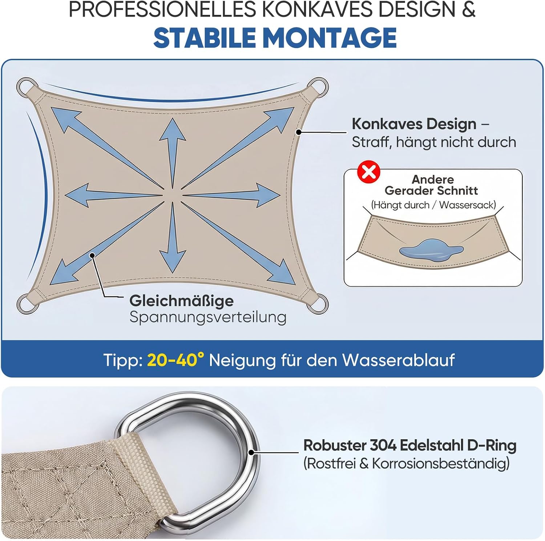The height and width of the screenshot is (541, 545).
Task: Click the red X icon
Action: click(369, 172)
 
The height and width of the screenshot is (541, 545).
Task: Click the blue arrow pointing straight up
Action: click(173, 153)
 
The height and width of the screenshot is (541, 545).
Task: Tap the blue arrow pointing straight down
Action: click(173, 238)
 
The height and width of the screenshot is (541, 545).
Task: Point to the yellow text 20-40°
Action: click(175, 360)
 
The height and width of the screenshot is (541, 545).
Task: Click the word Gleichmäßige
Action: click(182, 301)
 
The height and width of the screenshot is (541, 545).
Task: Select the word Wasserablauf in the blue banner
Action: click(399, 360)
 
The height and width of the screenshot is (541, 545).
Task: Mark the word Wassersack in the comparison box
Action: click(467, 205)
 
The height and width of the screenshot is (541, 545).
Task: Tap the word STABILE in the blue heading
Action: click(205, 38)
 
